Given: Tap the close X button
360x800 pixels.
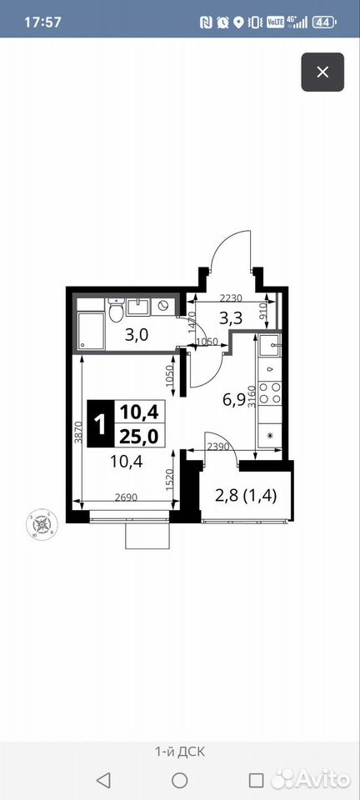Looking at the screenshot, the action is [322, 72].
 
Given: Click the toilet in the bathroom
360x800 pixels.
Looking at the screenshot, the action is [117, 310].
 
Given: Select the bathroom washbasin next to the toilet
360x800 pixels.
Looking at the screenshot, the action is [137, 307].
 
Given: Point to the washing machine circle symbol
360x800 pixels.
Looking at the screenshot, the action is [163, 306].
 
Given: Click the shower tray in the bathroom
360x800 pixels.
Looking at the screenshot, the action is [92, 331].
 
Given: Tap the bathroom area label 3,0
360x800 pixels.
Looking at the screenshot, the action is [137, 335].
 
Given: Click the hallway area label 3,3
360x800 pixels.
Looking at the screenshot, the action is [230, 318].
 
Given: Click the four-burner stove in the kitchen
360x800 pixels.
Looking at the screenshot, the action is [269, 392].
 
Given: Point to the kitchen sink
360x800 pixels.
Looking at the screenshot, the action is [269, 347].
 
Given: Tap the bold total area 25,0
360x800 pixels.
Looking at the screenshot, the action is [139, 436].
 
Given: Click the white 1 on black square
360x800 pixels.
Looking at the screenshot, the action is [101, 424].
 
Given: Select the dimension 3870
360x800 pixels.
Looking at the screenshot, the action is [77, 432].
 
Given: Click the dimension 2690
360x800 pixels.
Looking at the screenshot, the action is [126, 497].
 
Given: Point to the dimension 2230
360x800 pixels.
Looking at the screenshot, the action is [231, 298].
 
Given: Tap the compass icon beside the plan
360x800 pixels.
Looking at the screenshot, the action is [42, 524].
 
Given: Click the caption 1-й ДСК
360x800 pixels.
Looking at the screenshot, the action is [180, 752].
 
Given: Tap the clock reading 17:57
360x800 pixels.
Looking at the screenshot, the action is [42, 22].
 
